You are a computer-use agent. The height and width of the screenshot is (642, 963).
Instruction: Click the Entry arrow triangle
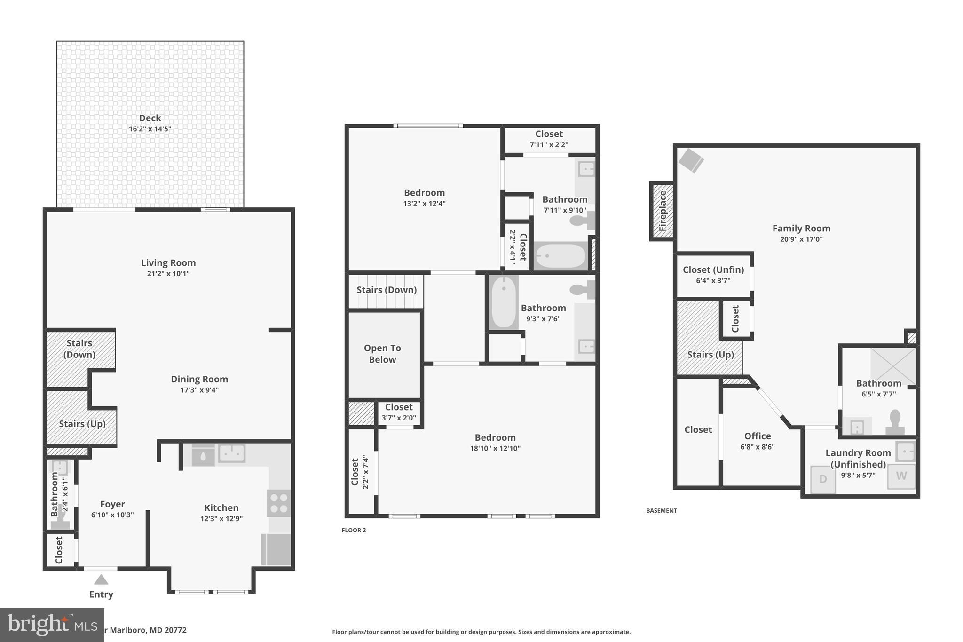pos(101,579)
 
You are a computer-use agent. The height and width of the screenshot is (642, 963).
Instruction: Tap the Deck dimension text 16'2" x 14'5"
pos(150,129)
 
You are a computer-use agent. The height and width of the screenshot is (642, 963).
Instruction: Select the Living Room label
pos(168,263)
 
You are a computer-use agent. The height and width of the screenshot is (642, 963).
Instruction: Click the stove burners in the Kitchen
pos(279,503)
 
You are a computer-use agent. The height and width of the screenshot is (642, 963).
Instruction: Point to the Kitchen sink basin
pos(232,453)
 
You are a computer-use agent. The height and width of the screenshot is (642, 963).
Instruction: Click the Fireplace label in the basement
pos(663,211)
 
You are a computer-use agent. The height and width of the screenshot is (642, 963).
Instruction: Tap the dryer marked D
pos(823,479)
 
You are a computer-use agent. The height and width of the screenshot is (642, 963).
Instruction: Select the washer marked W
pos(901,476)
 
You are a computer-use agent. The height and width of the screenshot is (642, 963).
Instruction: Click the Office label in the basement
pos(757,436)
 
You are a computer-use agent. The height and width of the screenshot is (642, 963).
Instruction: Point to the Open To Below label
pos(382,354)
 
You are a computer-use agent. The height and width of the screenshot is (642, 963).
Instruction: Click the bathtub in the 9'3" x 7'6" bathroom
pos(504,301)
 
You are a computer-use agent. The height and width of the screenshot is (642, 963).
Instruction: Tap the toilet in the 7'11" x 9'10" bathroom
pos(582,220)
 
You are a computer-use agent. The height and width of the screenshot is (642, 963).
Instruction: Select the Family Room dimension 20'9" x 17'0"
pos(801,239)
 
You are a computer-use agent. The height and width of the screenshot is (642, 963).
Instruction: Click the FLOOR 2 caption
pos(354,530)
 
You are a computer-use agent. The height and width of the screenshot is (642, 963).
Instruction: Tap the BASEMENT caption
pos(661,510)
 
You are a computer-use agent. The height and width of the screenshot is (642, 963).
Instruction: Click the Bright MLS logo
pos(52,625)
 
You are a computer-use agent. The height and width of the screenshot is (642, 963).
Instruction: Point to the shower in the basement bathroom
pos(892,365)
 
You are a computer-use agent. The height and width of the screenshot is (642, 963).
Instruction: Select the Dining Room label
pos(199,379)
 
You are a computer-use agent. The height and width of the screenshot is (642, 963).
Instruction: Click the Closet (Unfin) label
pos(713,270)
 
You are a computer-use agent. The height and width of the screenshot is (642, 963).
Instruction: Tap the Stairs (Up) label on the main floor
pos(82,424)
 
